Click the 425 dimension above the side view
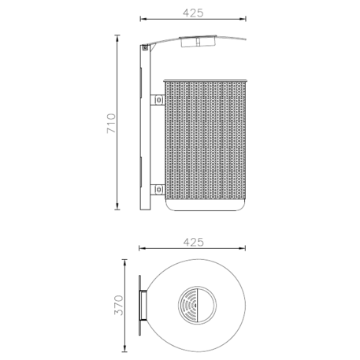pyautogui.click(x=193, y=12)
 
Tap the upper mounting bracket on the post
pyautogui.click(x=158, y=100)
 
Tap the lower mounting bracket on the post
pyautogui.click(x=158, y=189)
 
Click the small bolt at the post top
pyautogui.click(x=145, y=49)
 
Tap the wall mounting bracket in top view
pyautogui.click(x=143, y=306)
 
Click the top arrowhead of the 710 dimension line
pyautogui.click(x=117, y=35)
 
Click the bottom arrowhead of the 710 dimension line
pyautogui.click(x=117, y=210)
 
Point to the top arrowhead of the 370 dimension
pyautogui.click(x=128, y=261)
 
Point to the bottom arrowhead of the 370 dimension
pyautogui.click(x=128, y=351)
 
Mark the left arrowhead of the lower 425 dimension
pyautogui.click(x=141, y=248)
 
